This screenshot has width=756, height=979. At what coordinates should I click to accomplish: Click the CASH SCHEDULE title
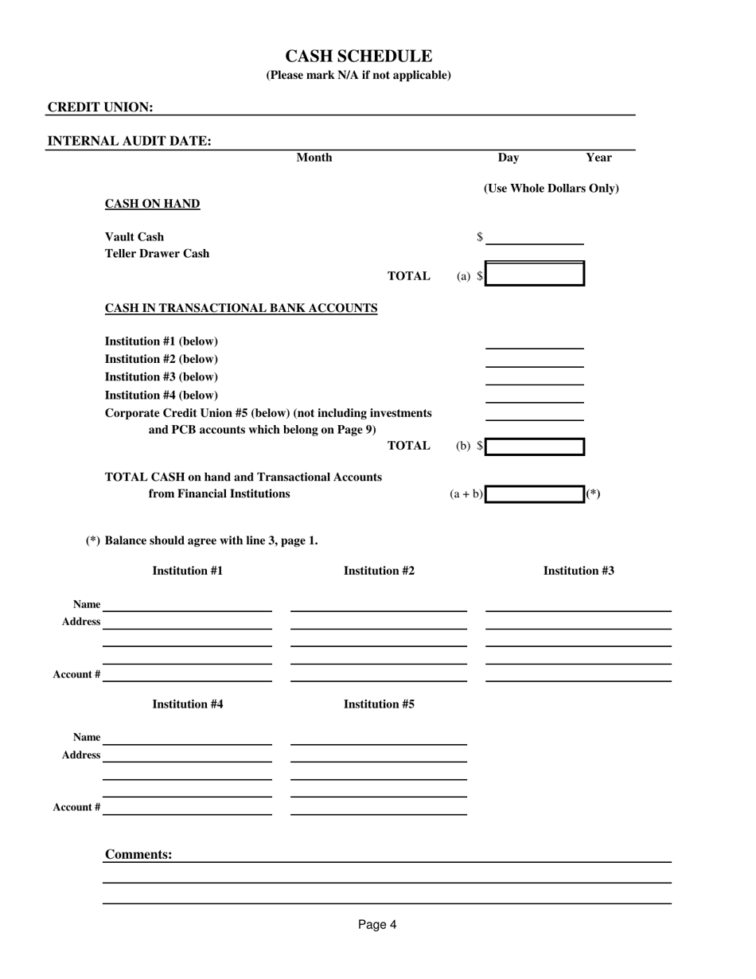(358, 57)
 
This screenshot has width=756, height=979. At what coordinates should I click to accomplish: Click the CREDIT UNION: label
(100, 107)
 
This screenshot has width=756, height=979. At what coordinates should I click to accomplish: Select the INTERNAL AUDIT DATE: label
(130, 142)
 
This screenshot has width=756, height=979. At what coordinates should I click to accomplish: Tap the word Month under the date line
(314, 158)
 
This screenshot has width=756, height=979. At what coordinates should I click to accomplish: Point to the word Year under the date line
(598, 158)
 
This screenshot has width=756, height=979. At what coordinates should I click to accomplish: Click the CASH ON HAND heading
(152, 204)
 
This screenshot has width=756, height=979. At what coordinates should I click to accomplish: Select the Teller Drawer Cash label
(157, 254)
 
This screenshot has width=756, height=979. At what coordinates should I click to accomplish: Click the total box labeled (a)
(535, 275)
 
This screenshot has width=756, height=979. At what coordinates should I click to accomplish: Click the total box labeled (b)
(535, 447)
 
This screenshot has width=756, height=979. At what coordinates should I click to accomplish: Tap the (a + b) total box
(535, 494)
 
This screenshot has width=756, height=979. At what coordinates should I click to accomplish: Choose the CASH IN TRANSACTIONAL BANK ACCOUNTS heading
(241, 308)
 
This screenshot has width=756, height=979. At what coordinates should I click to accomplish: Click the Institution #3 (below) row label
(161, 376)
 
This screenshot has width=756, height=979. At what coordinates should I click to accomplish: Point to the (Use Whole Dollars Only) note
(551, 189)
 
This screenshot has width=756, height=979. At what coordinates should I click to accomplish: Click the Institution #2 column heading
(379, 571)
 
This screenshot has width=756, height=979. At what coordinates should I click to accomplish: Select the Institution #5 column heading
(379, 704)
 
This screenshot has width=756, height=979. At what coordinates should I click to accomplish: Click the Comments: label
(138, 855)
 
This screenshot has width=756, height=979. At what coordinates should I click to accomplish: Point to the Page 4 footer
(377, 925)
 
